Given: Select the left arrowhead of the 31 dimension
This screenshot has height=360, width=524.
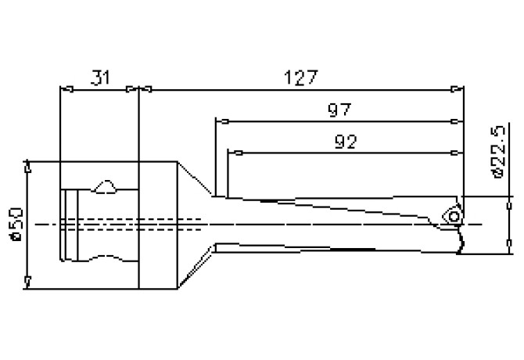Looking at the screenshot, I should [x=66, y=89].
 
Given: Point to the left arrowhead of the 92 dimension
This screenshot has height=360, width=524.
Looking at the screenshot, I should [x=233, y=152].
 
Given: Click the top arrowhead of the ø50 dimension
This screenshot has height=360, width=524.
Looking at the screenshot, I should [x=28, y=167].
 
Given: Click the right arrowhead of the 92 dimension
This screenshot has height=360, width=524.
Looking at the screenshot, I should [x=458, y=152].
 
